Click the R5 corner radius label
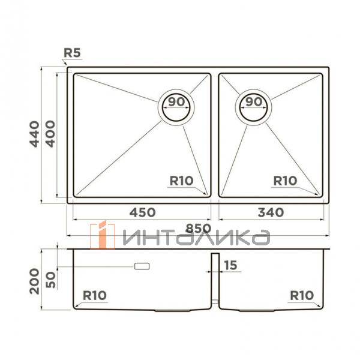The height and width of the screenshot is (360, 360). pyautogui.click(x=72, y=53)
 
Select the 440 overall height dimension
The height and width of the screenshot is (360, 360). pyautogui.click(x=35, y=134)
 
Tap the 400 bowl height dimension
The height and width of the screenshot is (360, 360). pyautogui.click(x=50, y=134)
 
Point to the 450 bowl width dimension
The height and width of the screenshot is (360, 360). pyautogui.click(x=142, y=212)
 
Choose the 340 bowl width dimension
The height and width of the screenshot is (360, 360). pyautogui.click(x=271, y=212)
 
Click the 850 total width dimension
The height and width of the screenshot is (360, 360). pyautogui.click(x=198, y=228)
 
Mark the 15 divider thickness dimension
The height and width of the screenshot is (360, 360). pyautogui.click(x=230, y=265)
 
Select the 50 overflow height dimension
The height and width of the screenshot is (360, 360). pyautogui.click(x=51, y=280)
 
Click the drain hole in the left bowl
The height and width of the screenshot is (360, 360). pyautogui.click(x=176, y=107)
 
